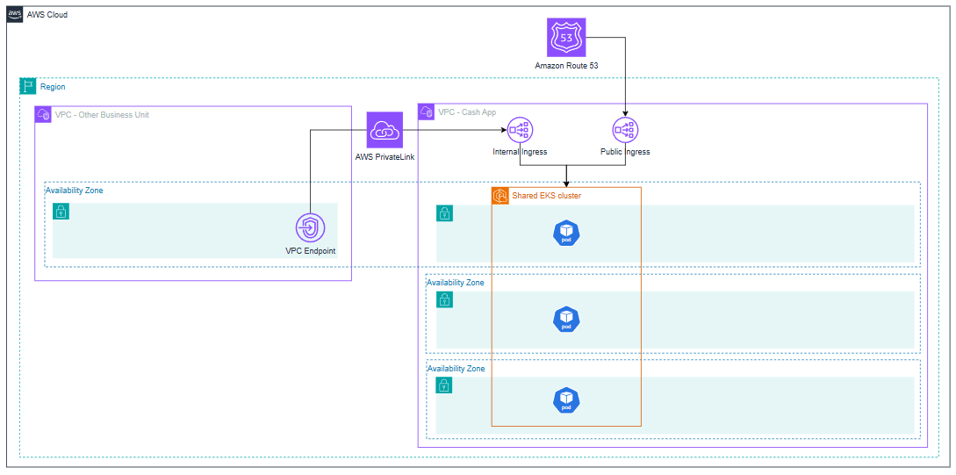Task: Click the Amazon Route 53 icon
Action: pos(566,38)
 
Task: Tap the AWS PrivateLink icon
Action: pos(385,130)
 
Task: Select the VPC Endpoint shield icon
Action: pos(310,227)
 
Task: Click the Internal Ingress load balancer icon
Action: pos(520,130)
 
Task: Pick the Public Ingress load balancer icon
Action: pos(624,130)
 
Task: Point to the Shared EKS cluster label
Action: pos(546,196)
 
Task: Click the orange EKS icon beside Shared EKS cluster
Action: pos(500,196)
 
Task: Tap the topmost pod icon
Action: pos(566,233)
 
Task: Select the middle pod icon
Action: pos(566,319)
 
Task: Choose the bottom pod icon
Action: pos(566,400)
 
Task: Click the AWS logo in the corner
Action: pos(15,15)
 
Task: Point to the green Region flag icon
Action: pos(28,86)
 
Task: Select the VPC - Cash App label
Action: pos(466,112)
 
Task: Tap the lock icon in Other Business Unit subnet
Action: pos(61,212)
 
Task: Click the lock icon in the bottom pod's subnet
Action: pos(444,385)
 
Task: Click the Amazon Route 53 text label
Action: pos(566,66)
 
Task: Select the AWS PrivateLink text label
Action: pos(385,157)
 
